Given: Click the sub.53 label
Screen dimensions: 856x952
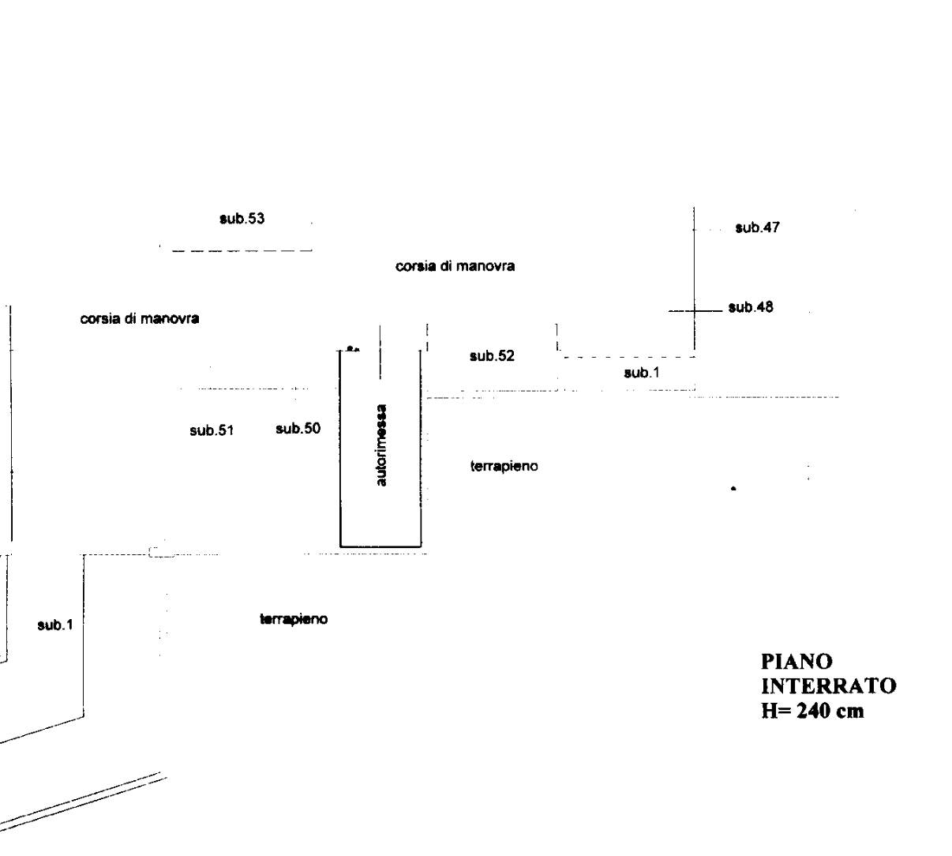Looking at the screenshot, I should coord(242,219).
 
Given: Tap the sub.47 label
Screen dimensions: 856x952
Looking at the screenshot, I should coord(757,228).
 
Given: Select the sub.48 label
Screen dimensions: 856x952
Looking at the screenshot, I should coord(750,307).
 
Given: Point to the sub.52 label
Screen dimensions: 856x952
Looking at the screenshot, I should coord(492,356).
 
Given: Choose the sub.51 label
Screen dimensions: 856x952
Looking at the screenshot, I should coord(212,430).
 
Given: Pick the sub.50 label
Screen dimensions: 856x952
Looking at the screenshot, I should coord(298,429).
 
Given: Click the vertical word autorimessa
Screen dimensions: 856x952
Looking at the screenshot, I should coord(381,445).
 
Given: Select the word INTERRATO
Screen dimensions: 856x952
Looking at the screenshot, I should coord(828,685).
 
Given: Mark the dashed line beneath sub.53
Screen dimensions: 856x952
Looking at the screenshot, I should coord(242,251).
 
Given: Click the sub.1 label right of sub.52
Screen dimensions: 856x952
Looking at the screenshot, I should coord(641,373).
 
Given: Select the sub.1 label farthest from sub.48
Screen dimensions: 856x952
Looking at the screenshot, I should coord(55,625).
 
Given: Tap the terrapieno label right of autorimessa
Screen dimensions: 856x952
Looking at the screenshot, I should coord(504,466).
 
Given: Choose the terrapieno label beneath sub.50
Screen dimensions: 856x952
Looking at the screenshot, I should coord(294,619).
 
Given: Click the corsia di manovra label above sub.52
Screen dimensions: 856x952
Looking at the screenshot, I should coord(455,267).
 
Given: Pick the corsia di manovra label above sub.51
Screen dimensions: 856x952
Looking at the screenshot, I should coord(140,319).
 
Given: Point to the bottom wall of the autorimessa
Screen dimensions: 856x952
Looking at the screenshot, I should coord(380,546).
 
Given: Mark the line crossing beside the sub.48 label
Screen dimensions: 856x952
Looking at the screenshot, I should coord(694,311).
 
